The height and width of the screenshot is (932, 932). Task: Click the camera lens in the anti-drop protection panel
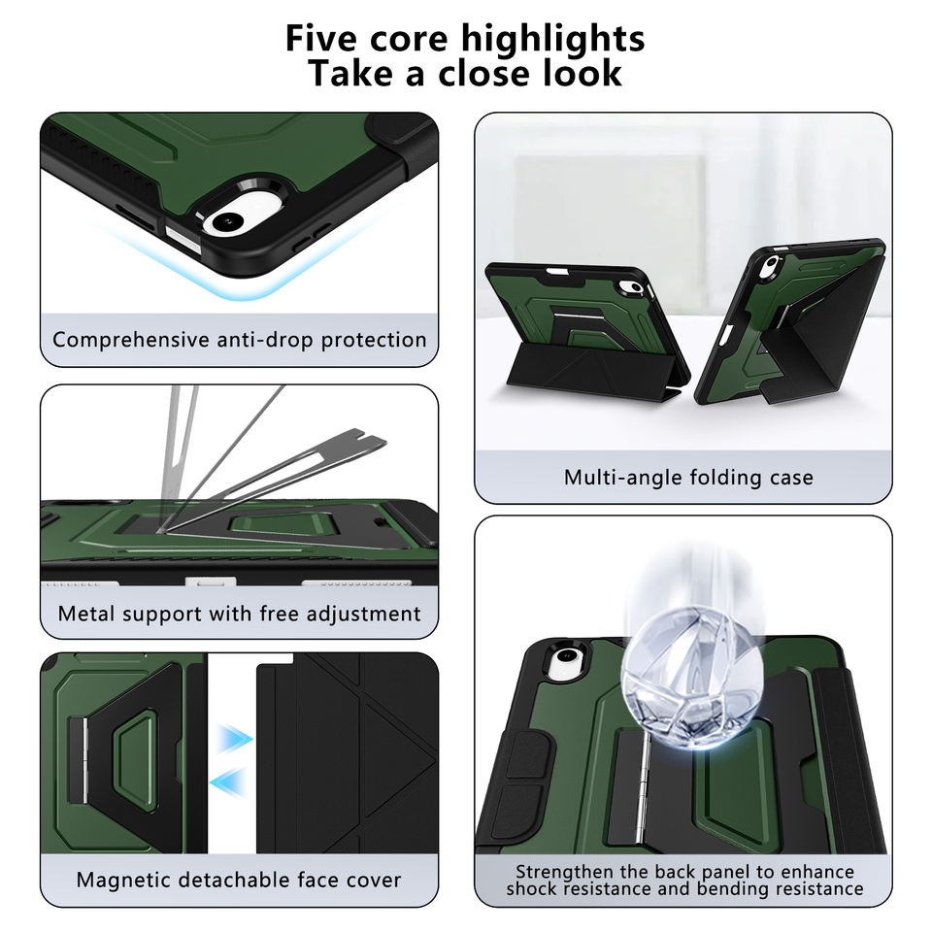pos(225,221)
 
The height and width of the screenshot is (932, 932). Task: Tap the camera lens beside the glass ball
pos(564,666)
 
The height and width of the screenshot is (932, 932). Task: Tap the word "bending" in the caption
pos(715,888)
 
